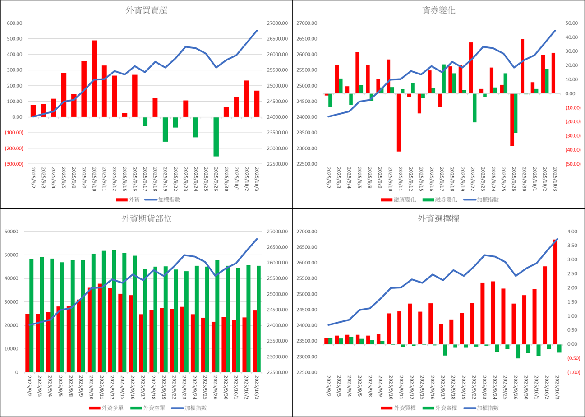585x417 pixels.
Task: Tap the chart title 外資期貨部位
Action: coord(147,219)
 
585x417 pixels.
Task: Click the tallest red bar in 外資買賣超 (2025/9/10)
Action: coord(94,79)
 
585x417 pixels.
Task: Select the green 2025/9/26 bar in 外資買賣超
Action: coord(216,137)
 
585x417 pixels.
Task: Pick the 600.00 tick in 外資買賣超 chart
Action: coord(14,23)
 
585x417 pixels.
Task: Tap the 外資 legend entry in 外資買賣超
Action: coord(129,200)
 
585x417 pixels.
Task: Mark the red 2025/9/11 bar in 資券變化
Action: coord(399,122)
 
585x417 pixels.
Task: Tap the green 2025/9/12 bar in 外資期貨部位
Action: coord(114,311)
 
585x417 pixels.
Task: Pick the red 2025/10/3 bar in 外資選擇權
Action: coord(555,292)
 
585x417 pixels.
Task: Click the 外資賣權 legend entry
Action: coord(439,408)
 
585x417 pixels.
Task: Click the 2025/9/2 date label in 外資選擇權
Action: coord(327,389)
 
